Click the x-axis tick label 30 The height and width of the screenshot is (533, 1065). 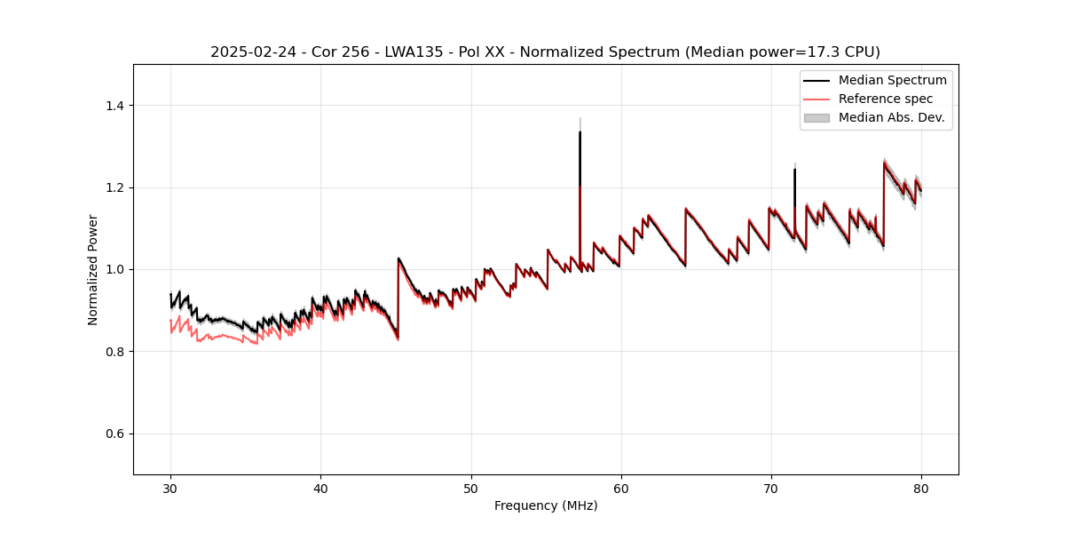[170, 488]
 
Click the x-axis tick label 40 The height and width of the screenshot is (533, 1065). [320, 488]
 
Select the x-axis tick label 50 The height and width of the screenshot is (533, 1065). [470, 488]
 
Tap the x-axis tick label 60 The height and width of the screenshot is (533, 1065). [620, 488]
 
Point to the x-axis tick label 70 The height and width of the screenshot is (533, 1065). [770, 488]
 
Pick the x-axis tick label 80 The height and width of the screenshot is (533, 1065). [920, 488]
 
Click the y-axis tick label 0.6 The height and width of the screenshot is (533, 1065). [117, 434]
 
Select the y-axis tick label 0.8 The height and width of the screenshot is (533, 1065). [117, 352]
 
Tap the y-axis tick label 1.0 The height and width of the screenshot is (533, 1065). [117, 269]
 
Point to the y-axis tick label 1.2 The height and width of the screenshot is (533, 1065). [117, 187]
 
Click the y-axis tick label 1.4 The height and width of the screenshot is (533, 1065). [117, 106]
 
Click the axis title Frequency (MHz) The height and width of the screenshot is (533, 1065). [546, 505]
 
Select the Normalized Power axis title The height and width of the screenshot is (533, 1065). [93, 269]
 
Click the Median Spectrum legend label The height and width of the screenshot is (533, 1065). [892, 80]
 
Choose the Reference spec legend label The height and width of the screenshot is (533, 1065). [886, 99]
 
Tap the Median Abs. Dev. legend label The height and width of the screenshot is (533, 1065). [892, 117]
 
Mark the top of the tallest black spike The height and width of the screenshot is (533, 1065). [580, 132]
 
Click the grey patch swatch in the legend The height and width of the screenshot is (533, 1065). [816, 117]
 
